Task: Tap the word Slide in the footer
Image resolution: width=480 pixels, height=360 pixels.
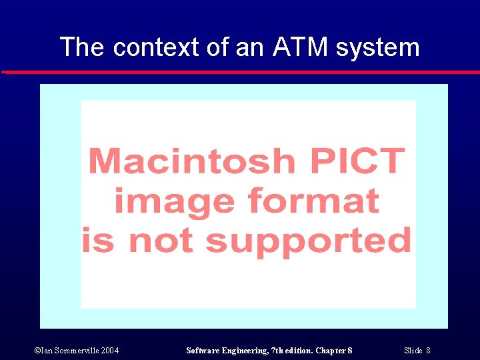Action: coord(413,351)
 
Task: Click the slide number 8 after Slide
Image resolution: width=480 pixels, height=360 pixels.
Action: coord(428,351)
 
